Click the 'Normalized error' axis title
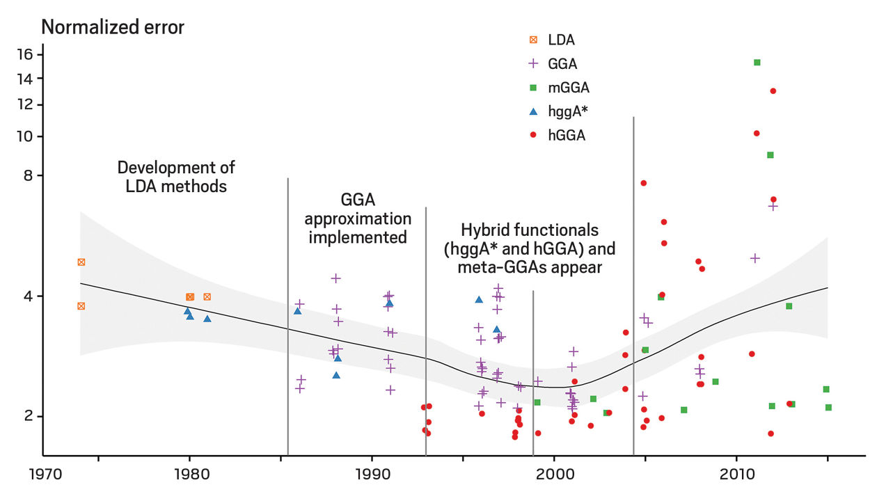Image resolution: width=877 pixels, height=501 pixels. tap(113, 28)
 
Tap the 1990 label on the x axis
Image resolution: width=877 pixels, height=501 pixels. tap(372, 479)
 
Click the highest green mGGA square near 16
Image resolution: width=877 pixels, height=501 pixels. tap(757, 63)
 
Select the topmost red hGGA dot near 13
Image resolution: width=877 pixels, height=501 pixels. tap(773, 91)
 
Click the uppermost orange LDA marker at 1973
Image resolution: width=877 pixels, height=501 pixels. tap(81, 262)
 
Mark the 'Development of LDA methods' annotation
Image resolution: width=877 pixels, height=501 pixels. tap(176, 177)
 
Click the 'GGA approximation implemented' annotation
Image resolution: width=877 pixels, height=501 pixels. tap(358, 218)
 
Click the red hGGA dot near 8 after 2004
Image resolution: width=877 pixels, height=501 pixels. tap(644, 183)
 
